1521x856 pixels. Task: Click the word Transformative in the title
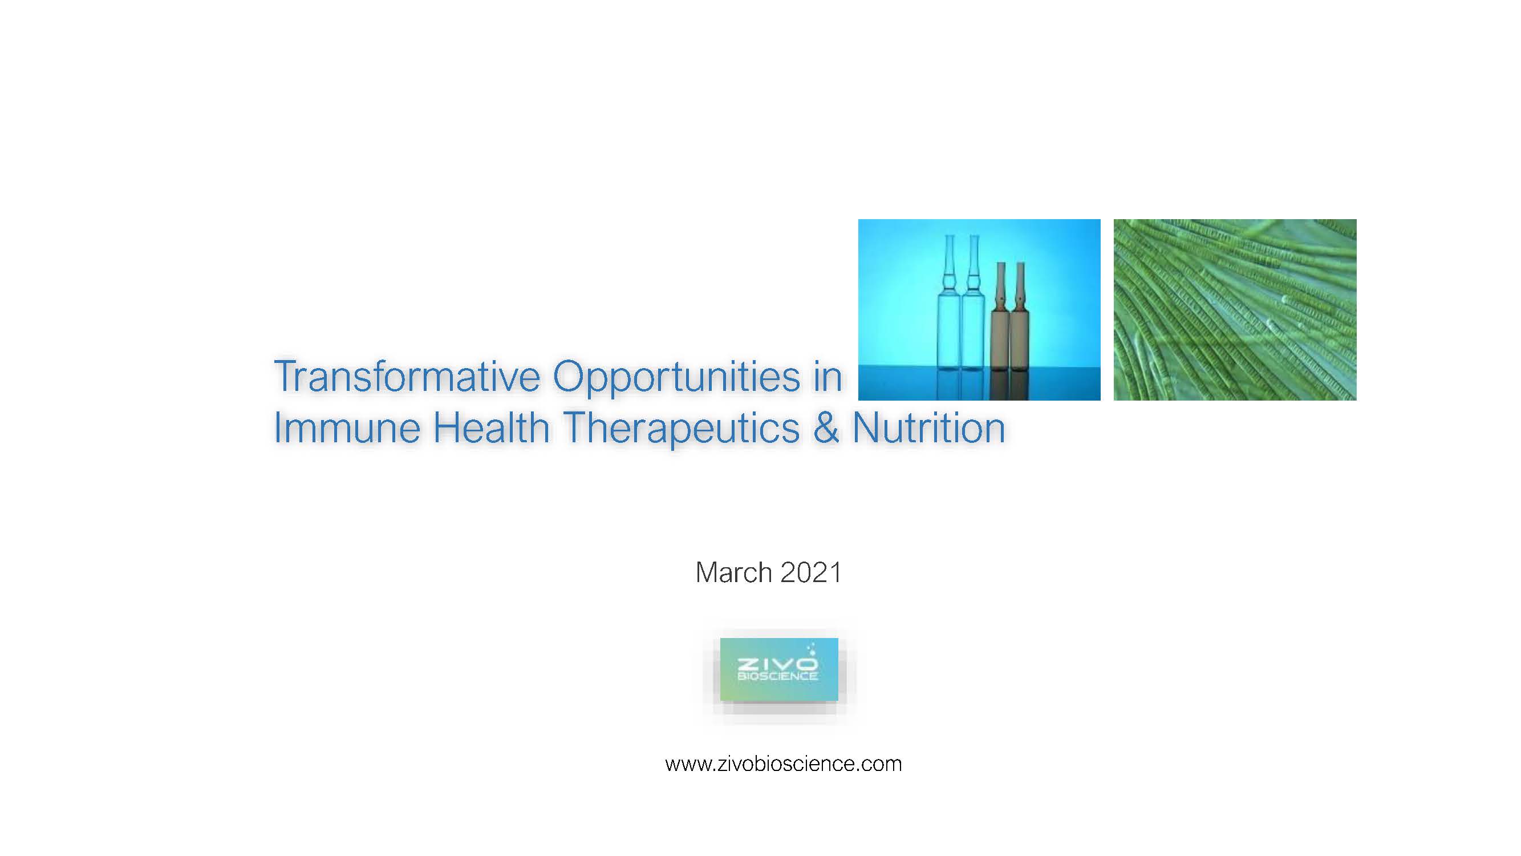tap(407, 375)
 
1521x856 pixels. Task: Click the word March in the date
tap(733, 572)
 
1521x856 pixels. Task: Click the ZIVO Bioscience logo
tap(779, 669)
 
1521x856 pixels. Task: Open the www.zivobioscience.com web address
tap(784, 764)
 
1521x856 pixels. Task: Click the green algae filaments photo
tap(1235, 309)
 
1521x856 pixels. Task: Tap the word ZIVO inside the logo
tap(777, 664)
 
